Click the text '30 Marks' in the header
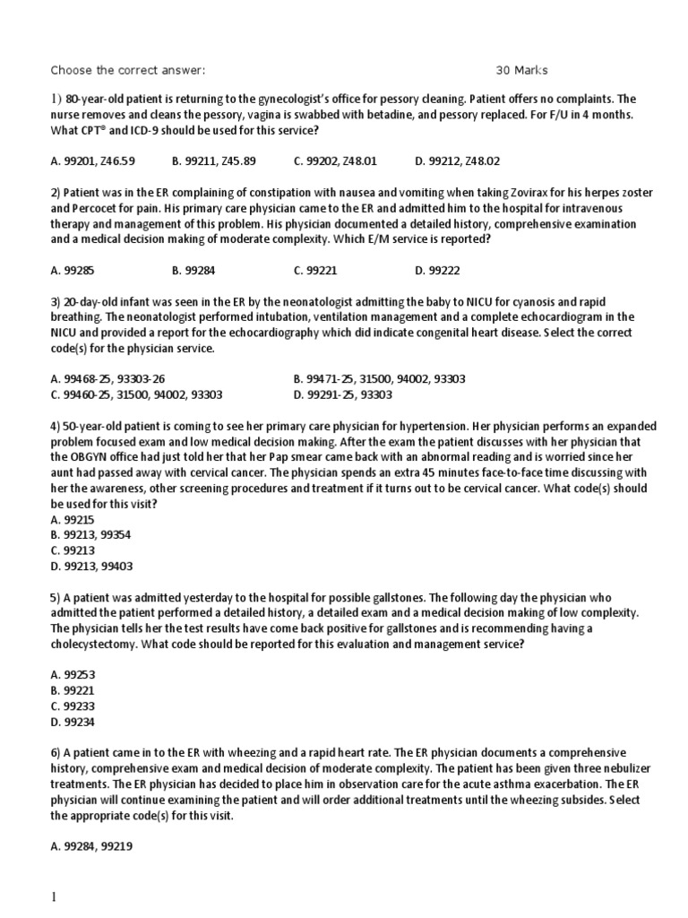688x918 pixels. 521,70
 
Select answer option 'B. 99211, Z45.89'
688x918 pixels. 213,161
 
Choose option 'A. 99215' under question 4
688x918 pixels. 68,519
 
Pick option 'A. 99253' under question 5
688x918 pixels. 68,674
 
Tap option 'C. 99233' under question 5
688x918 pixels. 68,706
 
